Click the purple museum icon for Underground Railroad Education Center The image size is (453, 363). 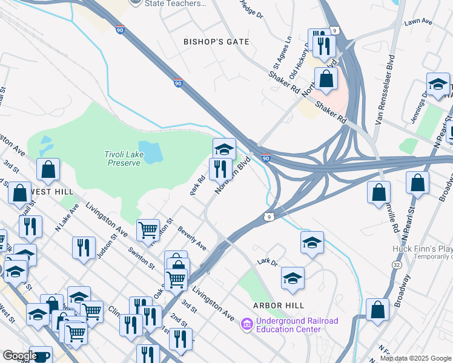pos(246,325)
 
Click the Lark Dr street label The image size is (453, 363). pos(266,261)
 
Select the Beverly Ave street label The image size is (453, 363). pos(192,239)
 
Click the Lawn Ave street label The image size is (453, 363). pos(418,22)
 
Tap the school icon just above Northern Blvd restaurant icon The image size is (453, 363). pos(224,148)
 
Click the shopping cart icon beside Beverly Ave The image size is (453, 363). pos(148,229)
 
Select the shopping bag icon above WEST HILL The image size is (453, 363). pos(48,169)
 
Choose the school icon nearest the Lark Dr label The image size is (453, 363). pos(293,278)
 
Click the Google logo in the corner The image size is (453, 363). pos(19,356)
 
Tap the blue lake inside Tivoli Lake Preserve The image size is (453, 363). pos(150,151)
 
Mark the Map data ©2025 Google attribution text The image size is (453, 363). pos(415,358)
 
